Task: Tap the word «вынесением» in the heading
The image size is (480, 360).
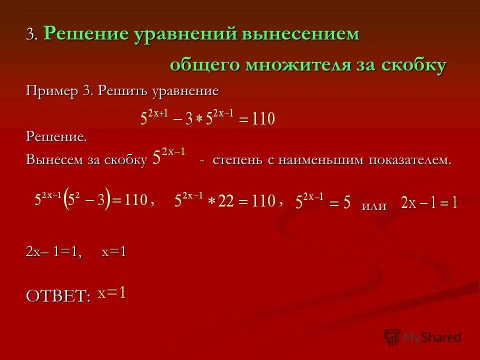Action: pyautogui.click(x=301, y=34)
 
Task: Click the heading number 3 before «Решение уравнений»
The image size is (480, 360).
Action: pyautogui.click(x=31, y=34)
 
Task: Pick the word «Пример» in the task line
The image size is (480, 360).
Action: pyautogui.click(x=48, y=91)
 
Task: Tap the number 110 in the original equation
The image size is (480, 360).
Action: pyautogui.click(x=262, y=119)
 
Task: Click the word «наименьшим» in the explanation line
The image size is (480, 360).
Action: pyautogui.click(x=332, y=160)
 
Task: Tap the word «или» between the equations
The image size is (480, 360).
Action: pyautogui.click(x=374, y=206)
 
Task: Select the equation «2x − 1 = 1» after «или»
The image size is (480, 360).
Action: pyautogui.click(x=429, y=202)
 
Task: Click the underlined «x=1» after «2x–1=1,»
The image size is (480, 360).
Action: pyautogui.click(x=113, y=252)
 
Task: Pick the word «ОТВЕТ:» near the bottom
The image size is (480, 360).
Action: pyautogui.click(x=58, y=296)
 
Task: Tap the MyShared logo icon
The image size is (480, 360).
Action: pyautogui.click(x=392, y=337)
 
